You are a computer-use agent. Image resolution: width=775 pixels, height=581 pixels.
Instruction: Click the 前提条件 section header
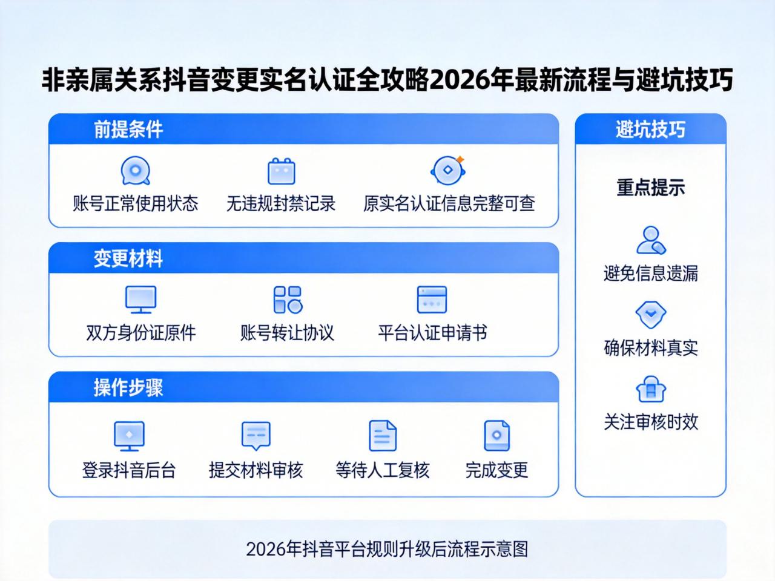[128, 130]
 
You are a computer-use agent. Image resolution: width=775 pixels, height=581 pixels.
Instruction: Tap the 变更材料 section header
[128, 258]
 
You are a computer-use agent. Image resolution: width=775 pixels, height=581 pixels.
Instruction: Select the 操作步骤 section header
[128, 387]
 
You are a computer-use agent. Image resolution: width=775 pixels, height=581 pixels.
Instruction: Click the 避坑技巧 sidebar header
[650, 130]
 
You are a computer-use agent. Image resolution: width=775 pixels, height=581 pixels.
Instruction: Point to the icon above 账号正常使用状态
[136, 171]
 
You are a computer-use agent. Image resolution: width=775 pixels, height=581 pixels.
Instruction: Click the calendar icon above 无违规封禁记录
[281, 171]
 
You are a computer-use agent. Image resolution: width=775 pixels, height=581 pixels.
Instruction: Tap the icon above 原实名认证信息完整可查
[448, 170]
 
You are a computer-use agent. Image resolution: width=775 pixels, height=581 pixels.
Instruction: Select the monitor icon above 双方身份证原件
[140, 300]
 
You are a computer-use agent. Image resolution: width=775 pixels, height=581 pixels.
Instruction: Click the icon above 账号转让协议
[288, 300]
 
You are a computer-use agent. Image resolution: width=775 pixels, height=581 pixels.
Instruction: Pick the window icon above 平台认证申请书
[432, 300]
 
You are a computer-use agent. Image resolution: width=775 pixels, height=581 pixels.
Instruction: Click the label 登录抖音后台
[129, 470]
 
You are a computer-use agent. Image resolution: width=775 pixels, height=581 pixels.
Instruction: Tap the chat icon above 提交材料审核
[256, 435]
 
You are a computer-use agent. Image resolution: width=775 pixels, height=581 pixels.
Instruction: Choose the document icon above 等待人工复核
[382, 435]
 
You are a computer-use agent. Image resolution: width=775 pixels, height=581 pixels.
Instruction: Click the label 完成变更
[496, 470]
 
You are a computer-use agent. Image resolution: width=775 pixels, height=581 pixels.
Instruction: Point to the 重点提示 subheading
[650, 188]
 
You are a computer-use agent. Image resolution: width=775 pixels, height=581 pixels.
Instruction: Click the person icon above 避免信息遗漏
[651, 240]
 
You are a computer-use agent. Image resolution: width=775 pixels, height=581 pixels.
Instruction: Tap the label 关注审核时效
[651, 422]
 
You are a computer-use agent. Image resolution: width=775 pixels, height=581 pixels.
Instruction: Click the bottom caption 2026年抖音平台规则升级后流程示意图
[387, 549]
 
